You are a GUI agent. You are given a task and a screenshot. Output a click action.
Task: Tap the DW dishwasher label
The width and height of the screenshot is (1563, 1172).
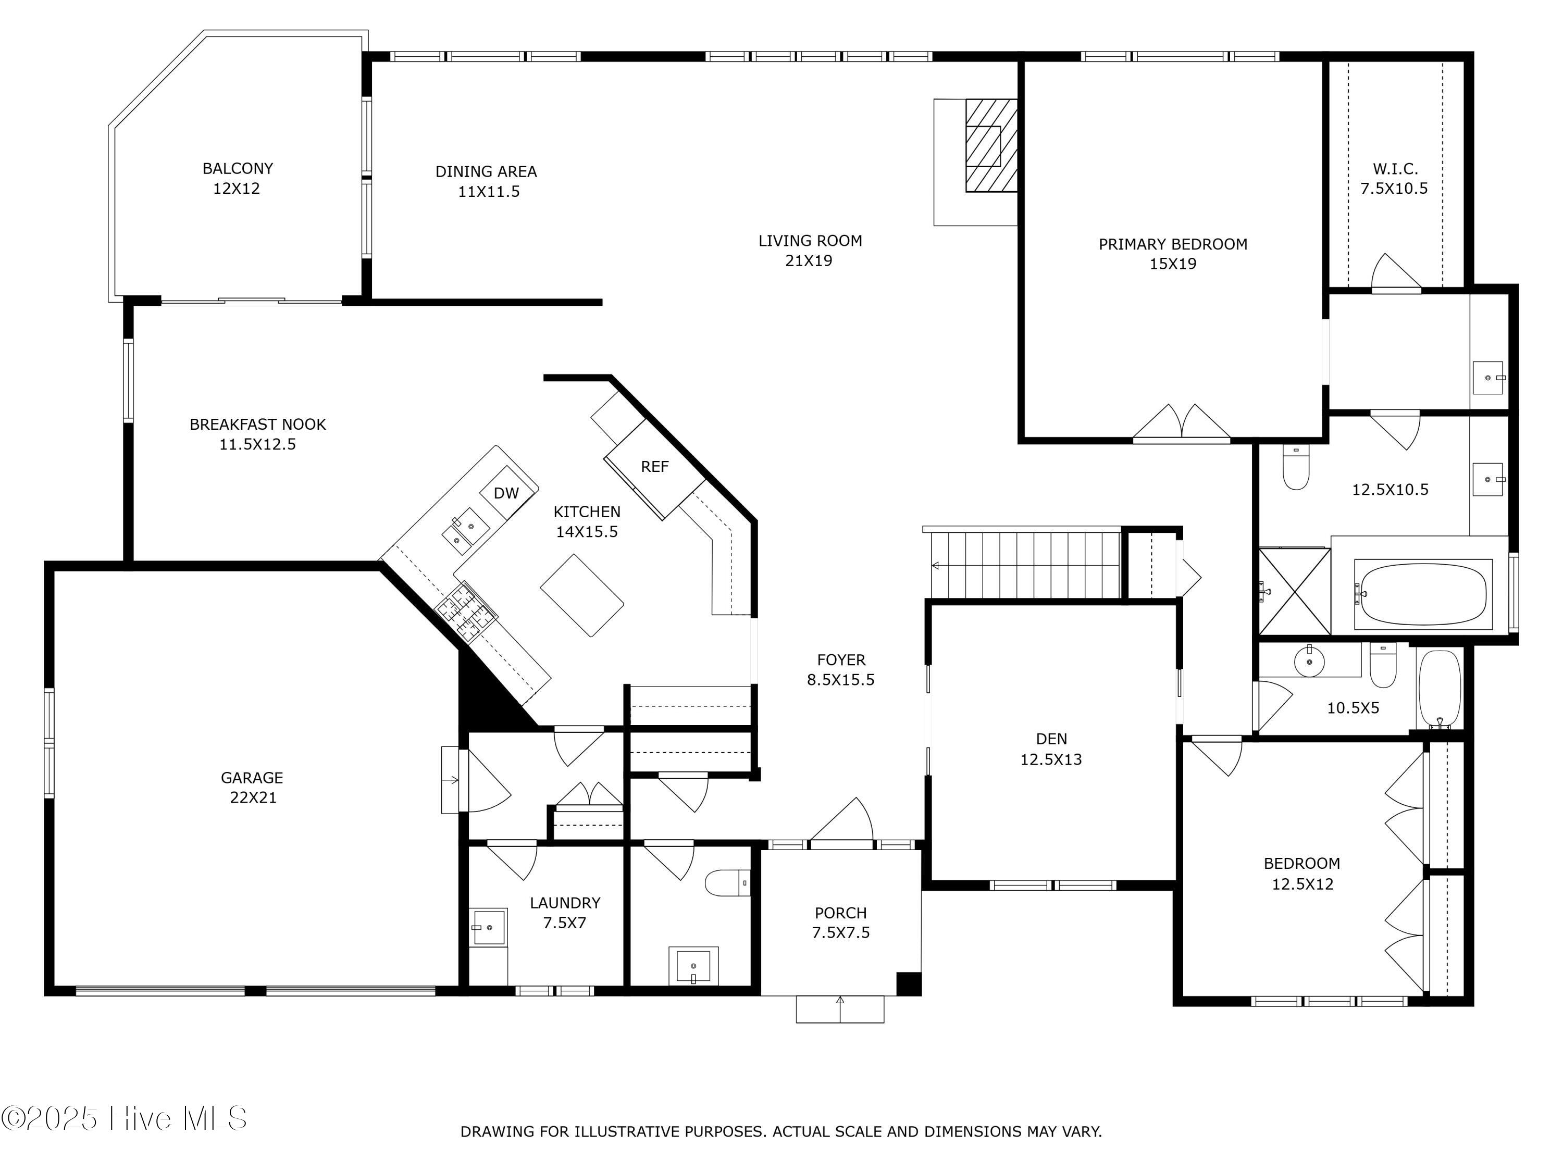point(506,493)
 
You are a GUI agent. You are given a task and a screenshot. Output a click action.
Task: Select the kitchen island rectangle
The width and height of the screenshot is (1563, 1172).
point(581,595)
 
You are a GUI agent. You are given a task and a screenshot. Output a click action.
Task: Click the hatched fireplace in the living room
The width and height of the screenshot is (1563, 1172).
point(991,145)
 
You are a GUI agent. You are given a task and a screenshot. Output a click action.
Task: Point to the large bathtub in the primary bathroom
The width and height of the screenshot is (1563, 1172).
point(1423,594)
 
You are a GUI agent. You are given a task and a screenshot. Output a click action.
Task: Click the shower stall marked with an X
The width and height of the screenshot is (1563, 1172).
point(1295,591)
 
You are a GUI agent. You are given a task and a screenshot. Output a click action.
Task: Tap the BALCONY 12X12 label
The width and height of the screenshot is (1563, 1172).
point(238,178)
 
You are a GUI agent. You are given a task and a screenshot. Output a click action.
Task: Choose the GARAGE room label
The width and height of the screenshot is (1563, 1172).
point(252,778)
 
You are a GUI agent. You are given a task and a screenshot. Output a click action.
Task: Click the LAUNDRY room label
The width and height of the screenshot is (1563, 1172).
point(565,903)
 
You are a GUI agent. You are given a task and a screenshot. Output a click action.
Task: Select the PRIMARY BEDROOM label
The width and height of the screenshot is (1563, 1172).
point(1173,244)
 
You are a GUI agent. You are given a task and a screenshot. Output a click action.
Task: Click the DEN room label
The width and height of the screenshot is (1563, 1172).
point(1051,739)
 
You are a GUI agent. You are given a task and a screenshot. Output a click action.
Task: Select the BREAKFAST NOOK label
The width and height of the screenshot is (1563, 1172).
point(258,425)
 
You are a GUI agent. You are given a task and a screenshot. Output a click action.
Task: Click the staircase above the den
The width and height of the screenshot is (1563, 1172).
point(1026,565)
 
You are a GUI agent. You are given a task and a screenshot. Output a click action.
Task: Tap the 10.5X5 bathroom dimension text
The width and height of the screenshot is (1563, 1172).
point(1353,708)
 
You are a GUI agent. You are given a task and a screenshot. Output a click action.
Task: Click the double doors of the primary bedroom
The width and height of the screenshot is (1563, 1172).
point(1182,424)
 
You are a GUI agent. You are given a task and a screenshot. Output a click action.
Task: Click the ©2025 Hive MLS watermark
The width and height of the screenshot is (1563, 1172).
point(125,1118)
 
